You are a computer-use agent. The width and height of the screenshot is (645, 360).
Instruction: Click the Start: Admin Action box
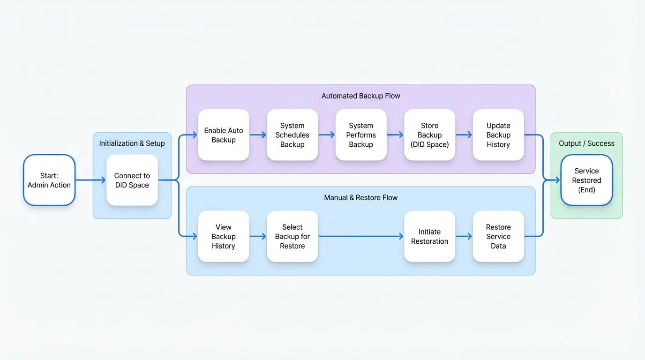pyautogui.click(x=49, y=180)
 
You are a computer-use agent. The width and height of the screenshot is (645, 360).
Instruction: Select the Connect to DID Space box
pyautogui.click(x=132, y=180)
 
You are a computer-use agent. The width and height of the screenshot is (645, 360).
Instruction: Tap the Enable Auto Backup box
pyautogui.click(x=224, y=135)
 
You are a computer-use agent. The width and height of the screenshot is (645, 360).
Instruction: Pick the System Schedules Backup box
pyautogui.click(x=292, y=135)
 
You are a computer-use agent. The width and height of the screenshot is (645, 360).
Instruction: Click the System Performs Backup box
pyautogui.click(x=361, y=135)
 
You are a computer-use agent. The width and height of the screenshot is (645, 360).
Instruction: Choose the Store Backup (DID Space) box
pyautogui.click(x=430, y=135)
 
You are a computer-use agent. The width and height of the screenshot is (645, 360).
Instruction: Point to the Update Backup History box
pyautogui.click(x=498, y=135)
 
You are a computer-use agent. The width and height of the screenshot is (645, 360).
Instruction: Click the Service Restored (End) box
pyautogui.click(x=586, y=180)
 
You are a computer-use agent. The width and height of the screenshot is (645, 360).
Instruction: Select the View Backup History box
pyautogui.click(x=224, y=236)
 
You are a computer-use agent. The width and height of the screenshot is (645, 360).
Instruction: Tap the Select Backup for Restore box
pyautogui.click(x=292, y=236)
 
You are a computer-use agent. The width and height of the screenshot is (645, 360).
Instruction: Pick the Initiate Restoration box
pyautogui.click(x=430, y=236)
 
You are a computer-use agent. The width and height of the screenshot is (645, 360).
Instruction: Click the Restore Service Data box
pyautogui.click(x=498, y=236)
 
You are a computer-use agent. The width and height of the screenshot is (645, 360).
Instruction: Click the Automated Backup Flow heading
pyautogui.click(x=361, y=96)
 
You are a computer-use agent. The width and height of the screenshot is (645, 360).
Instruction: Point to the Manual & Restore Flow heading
pyautogui.click(x=361, y=197)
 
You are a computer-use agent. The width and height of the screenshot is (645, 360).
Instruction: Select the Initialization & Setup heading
pyautogui.click(x=132, y=143)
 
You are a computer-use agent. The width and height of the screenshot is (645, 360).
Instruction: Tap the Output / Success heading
pyautogui.click(x=586, y=143)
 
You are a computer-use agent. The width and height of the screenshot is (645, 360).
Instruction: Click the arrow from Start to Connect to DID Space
pyautogui.click(x=91, y=180)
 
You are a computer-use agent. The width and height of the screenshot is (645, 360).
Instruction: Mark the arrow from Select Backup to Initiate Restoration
pyautogui.click(x=361, y=236)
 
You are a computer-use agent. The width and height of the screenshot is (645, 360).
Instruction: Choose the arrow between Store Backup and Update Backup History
pyautogui.click(x=464, y=135)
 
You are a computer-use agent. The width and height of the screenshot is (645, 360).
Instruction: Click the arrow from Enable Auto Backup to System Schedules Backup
pyautogui.click(x=258, y=135)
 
